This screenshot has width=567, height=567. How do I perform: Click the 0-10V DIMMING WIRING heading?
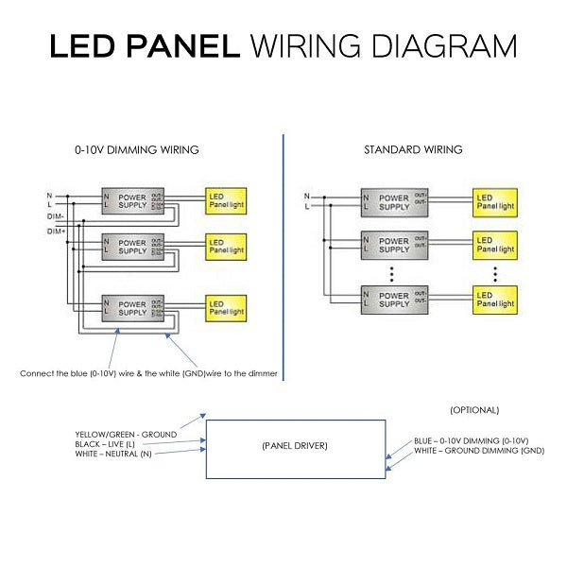pyautogui.click(x=137, y=150)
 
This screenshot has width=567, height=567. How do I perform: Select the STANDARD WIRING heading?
pyautogui.click(x=413, y=150)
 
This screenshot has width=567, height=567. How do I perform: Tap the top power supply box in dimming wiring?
pyautogui.click(x=131, y=199)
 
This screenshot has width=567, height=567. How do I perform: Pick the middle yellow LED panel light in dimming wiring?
pyautogui.click(x=226, y=247)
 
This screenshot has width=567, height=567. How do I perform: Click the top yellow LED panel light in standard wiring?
pyautogui.click(x=496, y=200)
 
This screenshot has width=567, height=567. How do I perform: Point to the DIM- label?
pyautogui.click(x=56, y=216)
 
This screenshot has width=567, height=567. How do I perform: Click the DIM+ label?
pyautogui.click(x=56, y=231)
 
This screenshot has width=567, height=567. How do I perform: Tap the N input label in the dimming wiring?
pyautogui.click(x=49, y=195)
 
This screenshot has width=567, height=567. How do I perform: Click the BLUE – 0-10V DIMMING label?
pyautogui.click(x=471, y=441)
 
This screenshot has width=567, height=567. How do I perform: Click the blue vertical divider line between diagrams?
pyautogui.click(x=283, y=255)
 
